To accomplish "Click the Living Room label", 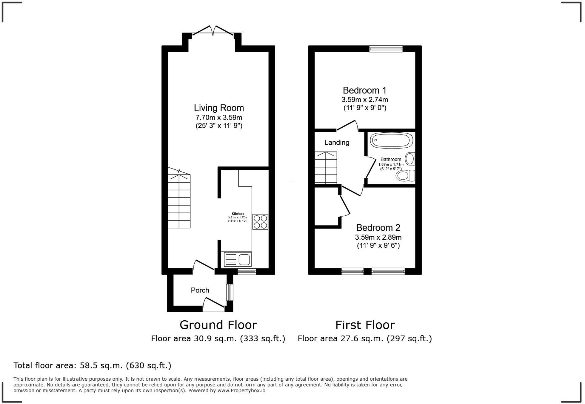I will [x=219, y=108].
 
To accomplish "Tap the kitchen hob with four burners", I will [x=260, y=222].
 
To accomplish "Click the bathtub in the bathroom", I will [x=391, y=140].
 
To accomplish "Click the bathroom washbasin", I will [x=410, y=159].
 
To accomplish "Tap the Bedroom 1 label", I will [x=364, y=90].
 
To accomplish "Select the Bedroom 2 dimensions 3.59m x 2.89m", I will [x=378, y=237].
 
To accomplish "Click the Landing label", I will [x=337, y=143].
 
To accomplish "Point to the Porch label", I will [x=200, y=290].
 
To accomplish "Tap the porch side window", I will [x=229, y=292].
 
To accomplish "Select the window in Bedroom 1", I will [x=386, y=49].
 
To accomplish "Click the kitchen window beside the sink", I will [x=247, y=271].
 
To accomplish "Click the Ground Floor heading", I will [x=218, y=325].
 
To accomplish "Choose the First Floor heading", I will [x=365, y=325].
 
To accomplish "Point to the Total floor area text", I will [x=92, y=365].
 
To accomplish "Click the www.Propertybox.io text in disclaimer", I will [x=241, y=391].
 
